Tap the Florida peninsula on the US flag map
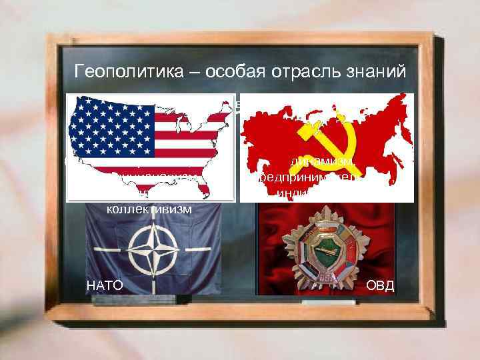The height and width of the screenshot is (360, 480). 212,190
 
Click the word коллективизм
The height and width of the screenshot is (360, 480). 149,209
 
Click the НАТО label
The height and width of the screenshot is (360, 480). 105,286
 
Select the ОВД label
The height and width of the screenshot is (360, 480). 380,286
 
